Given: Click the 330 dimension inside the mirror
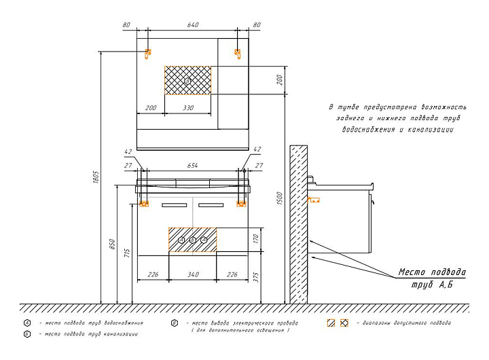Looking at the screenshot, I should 188,108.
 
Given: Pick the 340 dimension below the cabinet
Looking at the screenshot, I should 193,274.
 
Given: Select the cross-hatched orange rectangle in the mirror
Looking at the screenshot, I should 188,81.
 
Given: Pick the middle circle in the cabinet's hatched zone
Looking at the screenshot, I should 192,240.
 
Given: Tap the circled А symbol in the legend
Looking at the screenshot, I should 26,323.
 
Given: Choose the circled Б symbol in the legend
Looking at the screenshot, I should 26,334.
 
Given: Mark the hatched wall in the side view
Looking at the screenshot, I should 299,224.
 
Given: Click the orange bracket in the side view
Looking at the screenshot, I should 314,200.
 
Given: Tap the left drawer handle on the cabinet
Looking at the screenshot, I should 175,204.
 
